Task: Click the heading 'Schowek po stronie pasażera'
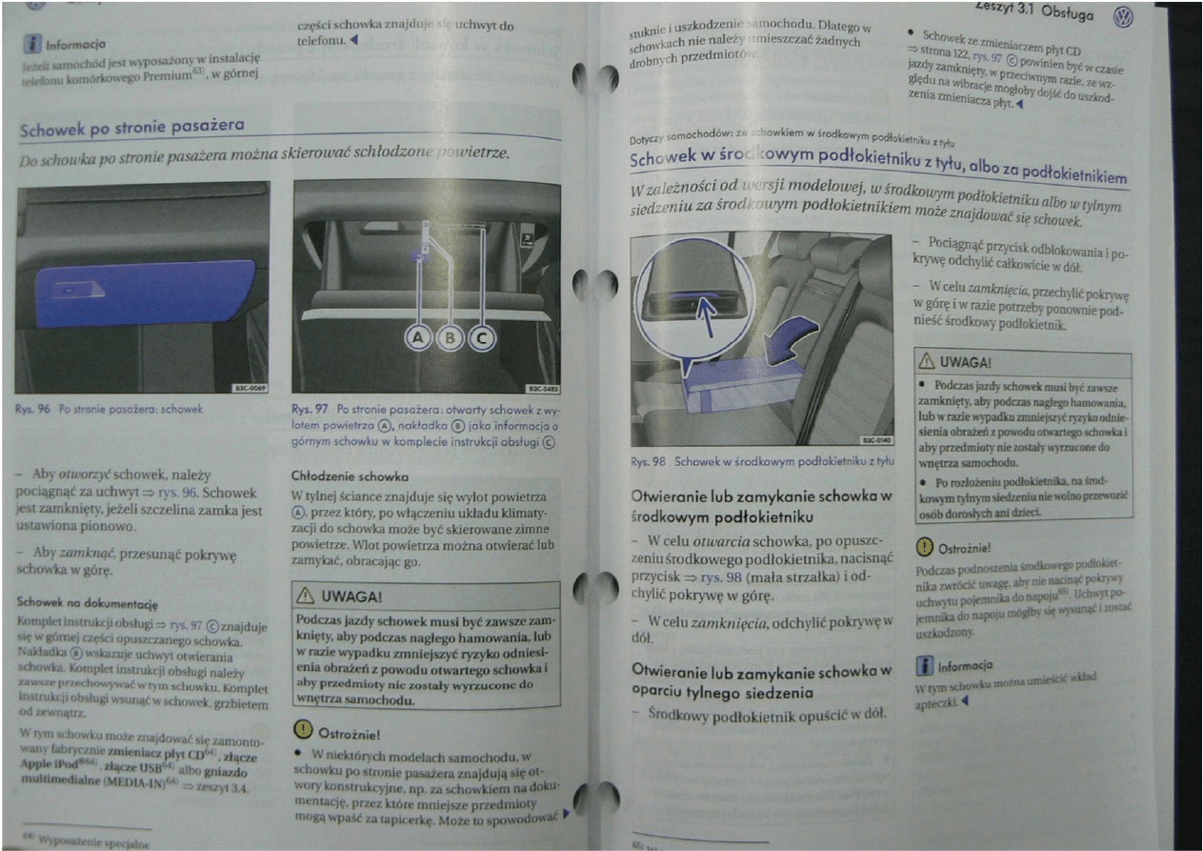pyautogui.click(x=132, y=126)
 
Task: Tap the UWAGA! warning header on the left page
pyautogui.click(x=340, y=596)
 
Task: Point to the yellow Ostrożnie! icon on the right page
pyautogui.click(x=924, y=546)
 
